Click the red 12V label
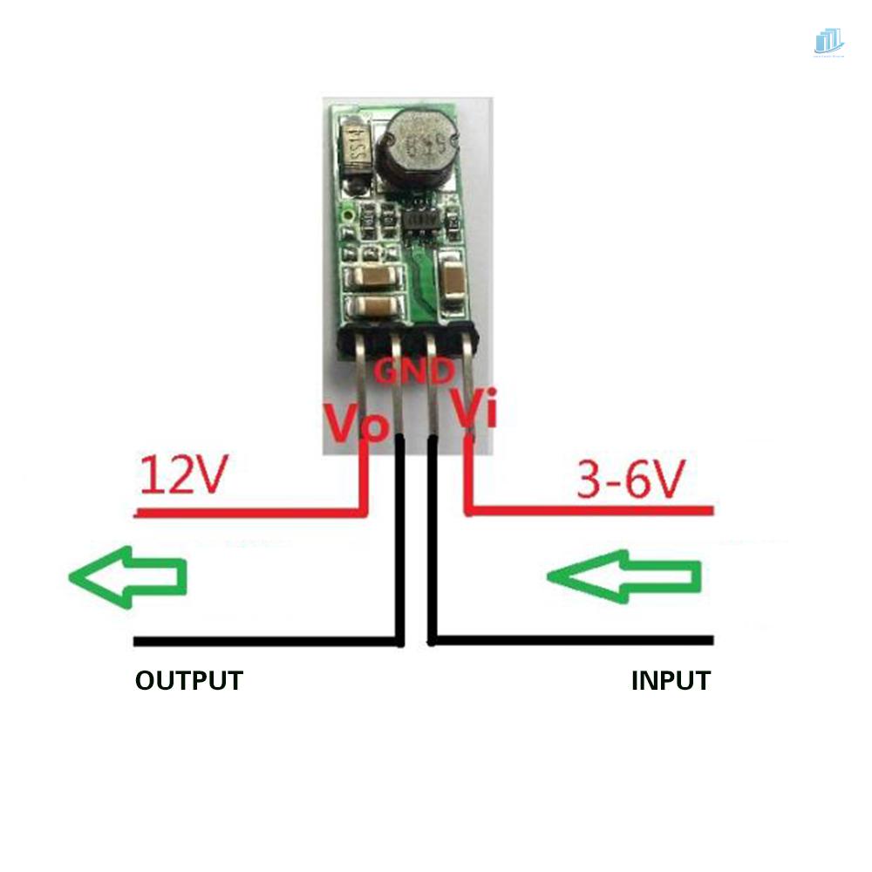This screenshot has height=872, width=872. coord(183,474)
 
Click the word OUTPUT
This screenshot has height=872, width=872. coord(188,680)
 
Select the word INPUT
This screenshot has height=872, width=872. coord(671,680)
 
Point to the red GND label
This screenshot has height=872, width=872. coord(414,372)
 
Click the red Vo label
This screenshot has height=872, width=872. coord(355,420)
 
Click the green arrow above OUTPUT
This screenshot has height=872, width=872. coord(128,576)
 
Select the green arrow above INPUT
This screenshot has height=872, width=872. coord(624,576)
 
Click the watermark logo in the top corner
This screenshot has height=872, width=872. coord(828,42)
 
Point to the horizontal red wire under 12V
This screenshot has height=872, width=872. coord(244,513)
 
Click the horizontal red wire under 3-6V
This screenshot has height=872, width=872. coord(593,510)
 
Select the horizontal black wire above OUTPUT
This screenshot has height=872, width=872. coord(262,643)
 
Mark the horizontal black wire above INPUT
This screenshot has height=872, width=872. coord(576,641)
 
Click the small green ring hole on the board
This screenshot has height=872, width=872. coord(349,212)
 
